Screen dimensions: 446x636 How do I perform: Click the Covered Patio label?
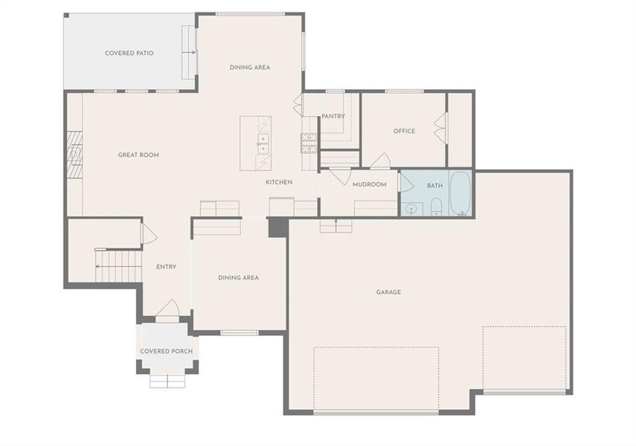click(x=129, y=53)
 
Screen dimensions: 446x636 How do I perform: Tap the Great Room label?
click(x=138, y=155)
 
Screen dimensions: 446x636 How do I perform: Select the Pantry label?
click(x=333, y=116)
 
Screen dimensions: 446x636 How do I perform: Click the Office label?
click(x=404, y=131)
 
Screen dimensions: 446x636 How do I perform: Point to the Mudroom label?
click(x=369, y=184)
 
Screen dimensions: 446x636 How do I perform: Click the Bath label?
click(x=434, y=185)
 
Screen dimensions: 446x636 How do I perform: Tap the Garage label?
click(x=388, y=292)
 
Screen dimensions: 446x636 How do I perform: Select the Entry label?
click(x=166, y=267)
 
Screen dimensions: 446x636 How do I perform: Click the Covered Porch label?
click(x=167, y=351)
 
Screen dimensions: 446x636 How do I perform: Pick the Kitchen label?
click(x=279, y=182)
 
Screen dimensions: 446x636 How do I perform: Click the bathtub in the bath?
click(x=460, y=194)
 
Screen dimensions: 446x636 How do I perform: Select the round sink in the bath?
click(x=411, y=209)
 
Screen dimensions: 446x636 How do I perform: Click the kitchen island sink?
click(x=262, y=143)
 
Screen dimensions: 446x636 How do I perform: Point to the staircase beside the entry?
click(x=118, y=266)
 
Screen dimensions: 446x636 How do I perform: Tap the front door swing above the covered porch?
click(x=167, y=308)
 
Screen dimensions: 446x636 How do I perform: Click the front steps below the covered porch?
click(x=167, y=381)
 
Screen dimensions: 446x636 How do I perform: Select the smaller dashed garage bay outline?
click(x=524, y=358)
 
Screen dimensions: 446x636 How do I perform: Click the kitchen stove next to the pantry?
click(x=309, y=142)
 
